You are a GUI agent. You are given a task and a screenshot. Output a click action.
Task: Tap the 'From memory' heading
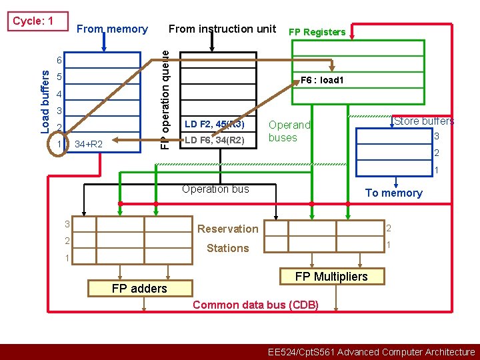coord(112,29)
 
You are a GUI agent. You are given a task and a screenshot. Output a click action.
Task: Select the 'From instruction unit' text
coord(222,29)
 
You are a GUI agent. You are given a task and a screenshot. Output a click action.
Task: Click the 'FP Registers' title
coord(317,32)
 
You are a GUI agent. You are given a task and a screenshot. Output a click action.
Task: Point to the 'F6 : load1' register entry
coord(321,80)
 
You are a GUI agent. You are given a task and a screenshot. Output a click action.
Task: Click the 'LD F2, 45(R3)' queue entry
coord(215,124)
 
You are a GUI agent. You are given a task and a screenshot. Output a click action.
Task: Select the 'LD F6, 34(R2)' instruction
coord(215,140)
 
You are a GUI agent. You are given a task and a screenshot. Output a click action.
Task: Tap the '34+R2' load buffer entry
coord(89,144)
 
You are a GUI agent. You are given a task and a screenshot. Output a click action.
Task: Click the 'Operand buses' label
coord(289,131)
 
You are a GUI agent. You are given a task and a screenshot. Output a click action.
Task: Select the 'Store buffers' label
coord(424,121)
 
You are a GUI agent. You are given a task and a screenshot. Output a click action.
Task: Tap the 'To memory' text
coord(393,193)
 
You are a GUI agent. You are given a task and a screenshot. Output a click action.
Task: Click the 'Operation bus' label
coord(215,189)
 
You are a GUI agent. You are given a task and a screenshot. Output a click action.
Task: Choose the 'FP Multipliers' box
coord(331,276)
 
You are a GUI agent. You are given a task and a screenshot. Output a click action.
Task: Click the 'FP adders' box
coord(139,288)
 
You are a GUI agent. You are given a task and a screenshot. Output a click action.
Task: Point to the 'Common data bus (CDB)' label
coord(255,305)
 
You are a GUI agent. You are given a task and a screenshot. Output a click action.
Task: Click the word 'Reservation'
coord(227,229)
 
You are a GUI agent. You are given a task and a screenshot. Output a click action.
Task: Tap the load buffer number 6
coord(59,61)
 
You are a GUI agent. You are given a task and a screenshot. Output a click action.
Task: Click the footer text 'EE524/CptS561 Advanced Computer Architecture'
coord(371,352)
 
